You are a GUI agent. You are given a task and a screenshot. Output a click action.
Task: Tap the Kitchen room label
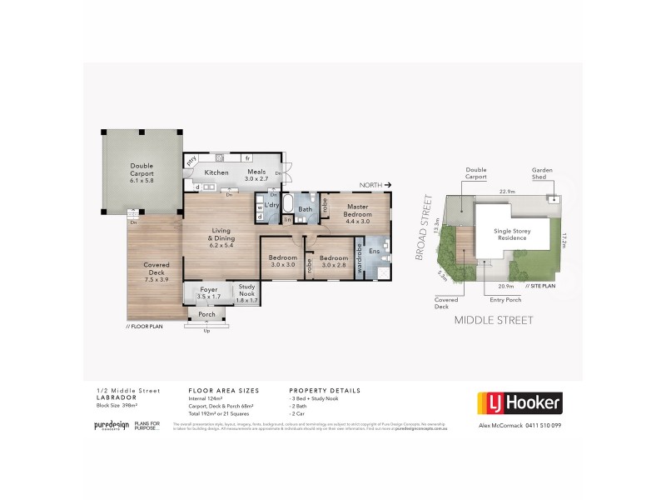216,172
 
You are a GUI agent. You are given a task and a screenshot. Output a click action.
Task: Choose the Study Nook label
247,292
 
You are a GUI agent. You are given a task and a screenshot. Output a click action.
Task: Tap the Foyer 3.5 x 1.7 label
207,292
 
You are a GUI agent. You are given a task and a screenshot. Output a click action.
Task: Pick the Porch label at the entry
206,314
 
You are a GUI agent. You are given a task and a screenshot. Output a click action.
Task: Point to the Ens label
374,251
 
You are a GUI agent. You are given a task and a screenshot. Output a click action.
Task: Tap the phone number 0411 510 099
542,425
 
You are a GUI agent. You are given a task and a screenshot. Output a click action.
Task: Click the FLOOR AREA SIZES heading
224,389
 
